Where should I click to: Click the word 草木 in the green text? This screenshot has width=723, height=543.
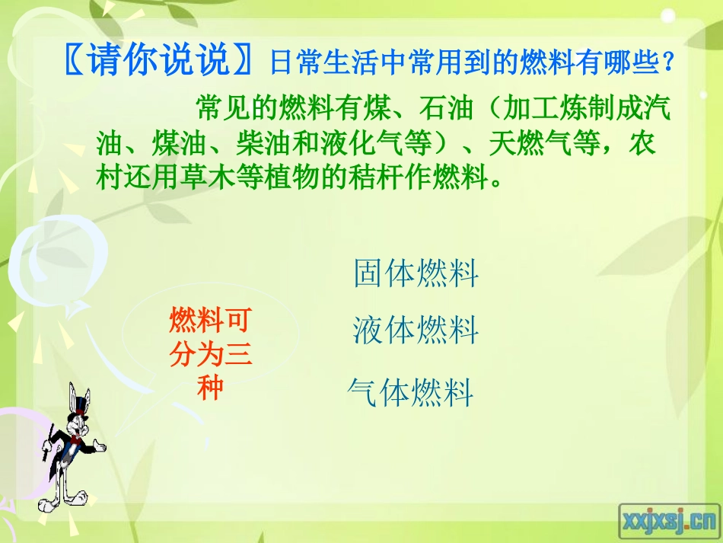225,179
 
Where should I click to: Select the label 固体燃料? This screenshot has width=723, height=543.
416,273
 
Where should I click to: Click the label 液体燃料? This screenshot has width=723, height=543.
416,331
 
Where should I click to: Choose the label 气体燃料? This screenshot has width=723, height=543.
410,393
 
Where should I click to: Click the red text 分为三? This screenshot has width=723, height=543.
209,355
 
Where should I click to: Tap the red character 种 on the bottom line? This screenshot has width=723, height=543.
209,388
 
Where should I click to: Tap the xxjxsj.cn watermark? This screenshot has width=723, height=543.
669,521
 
